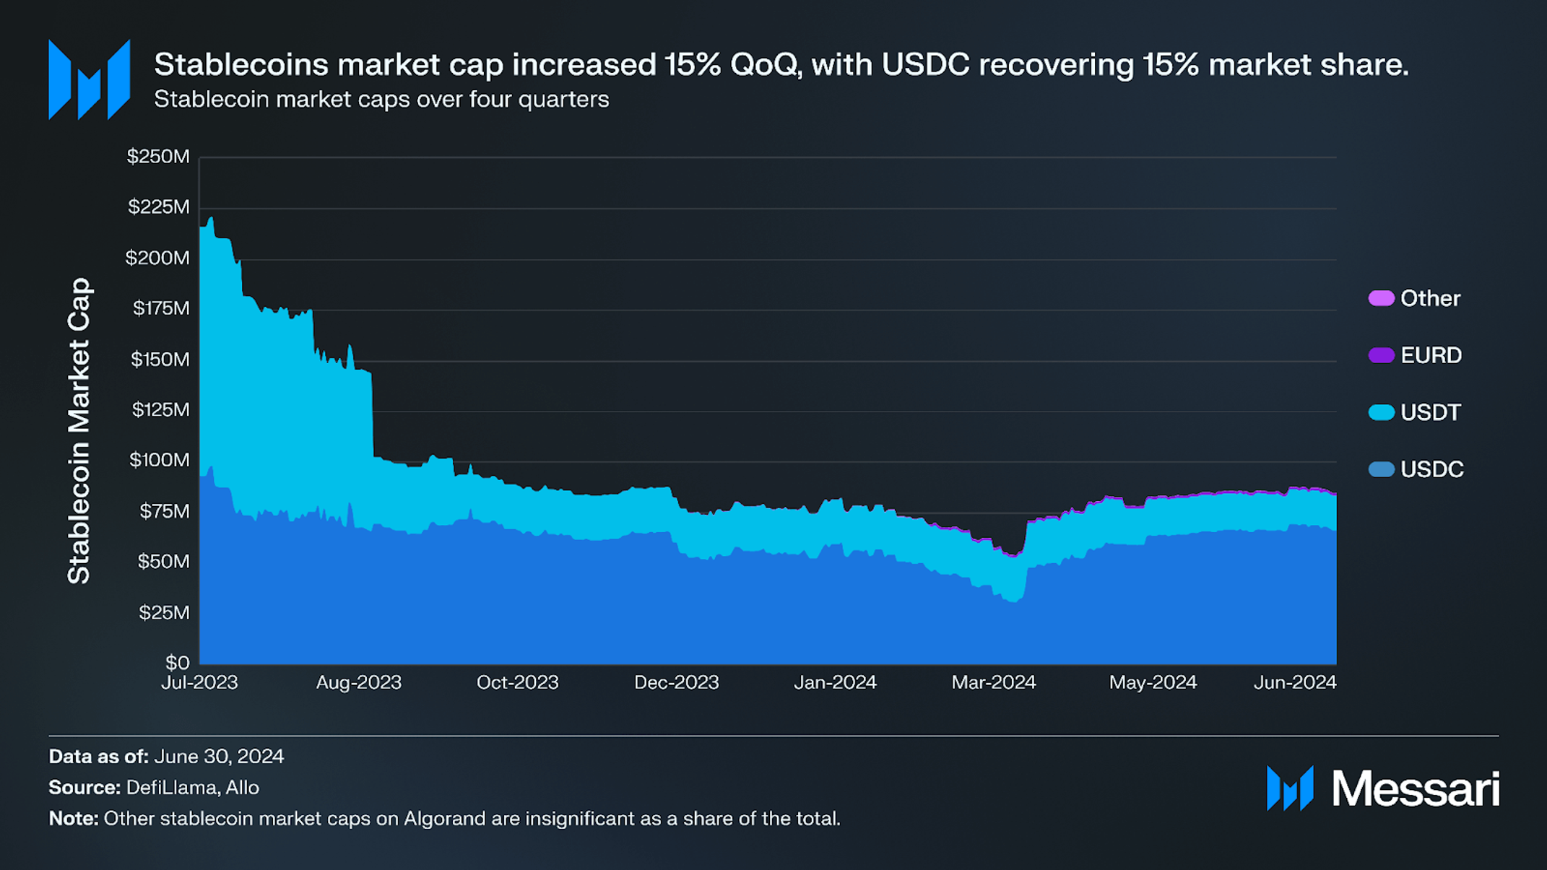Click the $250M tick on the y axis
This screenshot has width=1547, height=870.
pos(158,157)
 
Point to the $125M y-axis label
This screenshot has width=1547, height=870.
pos(160,410)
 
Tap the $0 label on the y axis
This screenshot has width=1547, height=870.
pos(177,663)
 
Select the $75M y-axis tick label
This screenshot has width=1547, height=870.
pos(165,511)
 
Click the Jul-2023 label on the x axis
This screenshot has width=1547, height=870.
pos(199,683)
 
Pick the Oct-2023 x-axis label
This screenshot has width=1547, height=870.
pos(517,683)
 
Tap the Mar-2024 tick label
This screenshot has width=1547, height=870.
pos(993,683)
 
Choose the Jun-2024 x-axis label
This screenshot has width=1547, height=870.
pos(1295,683)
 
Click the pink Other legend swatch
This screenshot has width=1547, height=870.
pos(1381,299)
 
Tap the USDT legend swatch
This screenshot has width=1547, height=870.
pos(1381,413)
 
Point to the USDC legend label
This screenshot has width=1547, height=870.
pos(1431,470)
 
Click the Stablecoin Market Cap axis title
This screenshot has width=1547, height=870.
pos(79,430)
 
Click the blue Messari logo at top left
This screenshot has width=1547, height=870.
pos(89,79)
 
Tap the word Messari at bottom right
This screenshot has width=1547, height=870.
pos(1415,789)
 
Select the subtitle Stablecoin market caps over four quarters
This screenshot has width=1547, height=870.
pos(381,100)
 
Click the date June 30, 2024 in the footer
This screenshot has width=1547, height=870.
pos(219,757)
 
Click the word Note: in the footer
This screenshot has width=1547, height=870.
pos(74,819)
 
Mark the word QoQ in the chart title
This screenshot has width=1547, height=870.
pos(765,66)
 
